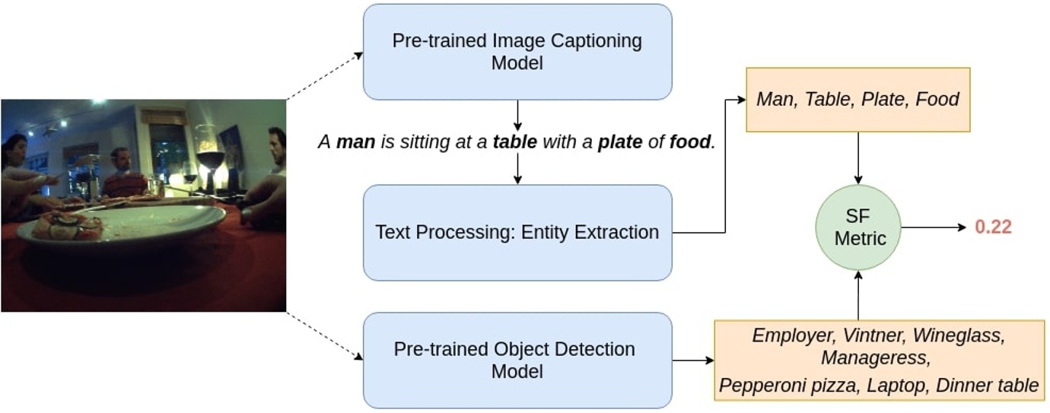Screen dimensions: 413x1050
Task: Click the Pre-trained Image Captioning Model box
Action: pos(517,52)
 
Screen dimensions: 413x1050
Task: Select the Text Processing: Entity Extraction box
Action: pos(517,233)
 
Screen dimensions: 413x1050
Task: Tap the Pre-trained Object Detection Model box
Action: pos(517,360)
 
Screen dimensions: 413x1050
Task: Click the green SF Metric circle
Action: pos(858,227)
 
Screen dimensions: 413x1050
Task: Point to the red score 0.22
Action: pos(994,227)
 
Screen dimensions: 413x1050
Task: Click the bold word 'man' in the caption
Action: pos(355,141)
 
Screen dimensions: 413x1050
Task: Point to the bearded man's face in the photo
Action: pos(119,160)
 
